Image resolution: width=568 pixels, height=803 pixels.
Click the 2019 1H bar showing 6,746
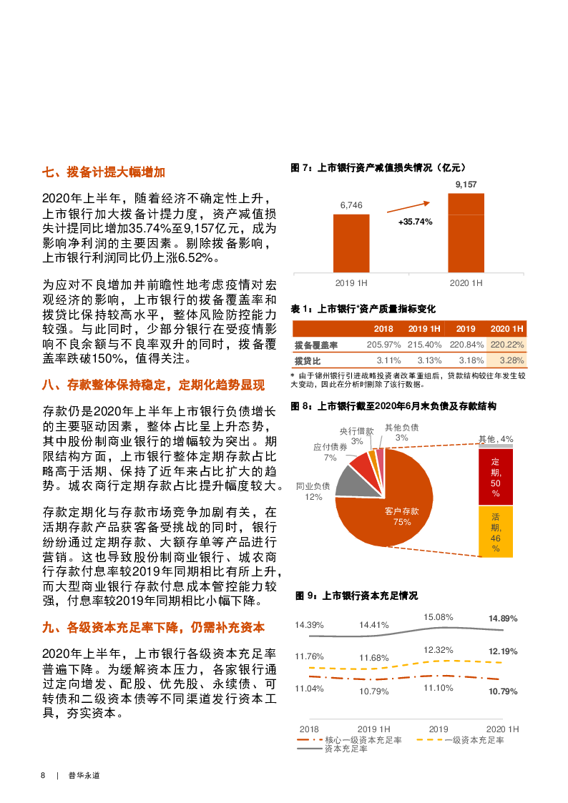point(351,242)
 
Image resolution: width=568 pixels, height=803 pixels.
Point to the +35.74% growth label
point(416,222)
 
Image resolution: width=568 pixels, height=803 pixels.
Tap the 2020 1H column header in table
point(507,328)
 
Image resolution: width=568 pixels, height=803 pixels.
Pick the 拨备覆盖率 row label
point(316,345)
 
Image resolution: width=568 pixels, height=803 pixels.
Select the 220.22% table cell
point(507,345)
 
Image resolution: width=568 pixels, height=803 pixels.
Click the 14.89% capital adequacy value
point(502,618)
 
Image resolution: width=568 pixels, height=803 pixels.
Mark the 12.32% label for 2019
point(438,649)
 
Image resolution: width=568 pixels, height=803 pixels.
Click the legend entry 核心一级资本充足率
point(354,739)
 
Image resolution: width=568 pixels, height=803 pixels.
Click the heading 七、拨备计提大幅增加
point(104,172)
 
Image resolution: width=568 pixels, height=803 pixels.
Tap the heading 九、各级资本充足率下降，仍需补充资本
point(154,627)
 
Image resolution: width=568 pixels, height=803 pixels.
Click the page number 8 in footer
point(43,775)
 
